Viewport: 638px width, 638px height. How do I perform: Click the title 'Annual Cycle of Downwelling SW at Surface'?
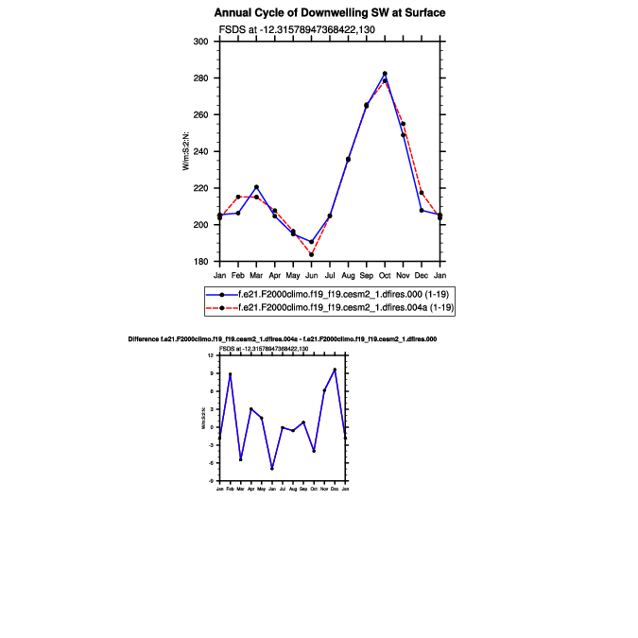point(330,13)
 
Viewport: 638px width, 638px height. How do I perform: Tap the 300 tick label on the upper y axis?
point(200,42)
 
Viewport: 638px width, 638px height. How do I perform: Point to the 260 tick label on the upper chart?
point(200,115)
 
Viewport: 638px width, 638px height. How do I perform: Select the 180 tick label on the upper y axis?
point(200,262)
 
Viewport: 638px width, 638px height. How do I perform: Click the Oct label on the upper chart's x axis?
point(385,274)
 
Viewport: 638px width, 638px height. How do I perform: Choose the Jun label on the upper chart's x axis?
point(311,274)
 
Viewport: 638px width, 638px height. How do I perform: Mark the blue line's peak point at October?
point(385,74)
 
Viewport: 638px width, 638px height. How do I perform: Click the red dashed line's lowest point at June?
point(311,254)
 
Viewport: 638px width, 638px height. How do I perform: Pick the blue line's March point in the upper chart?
point(256,187)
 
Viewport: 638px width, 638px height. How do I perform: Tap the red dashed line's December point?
point(422,193)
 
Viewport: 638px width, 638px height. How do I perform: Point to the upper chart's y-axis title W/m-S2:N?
point(187,151)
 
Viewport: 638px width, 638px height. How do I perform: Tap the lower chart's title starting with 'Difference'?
point(282,337)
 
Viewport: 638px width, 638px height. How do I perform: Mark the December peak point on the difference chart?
point(335,370)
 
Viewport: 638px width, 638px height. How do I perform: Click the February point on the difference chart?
point(230,374)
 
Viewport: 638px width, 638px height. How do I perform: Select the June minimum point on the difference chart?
point(272,469)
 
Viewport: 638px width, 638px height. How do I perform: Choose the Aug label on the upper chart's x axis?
point(348,274)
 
